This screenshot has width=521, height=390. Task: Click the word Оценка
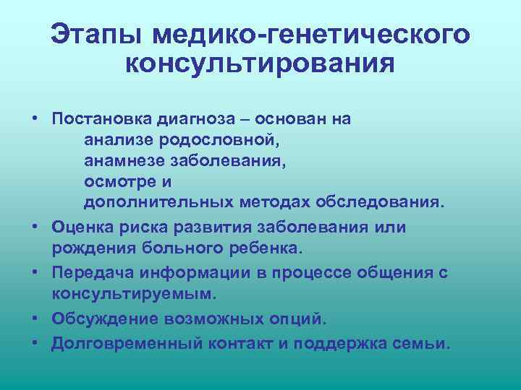(81, 227)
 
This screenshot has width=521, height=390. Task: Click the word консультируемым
(130, 295)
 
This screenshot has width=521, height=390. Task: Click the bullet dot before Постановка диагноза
(35, 118)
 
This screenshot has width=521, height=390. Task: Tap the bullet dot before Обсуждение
(35, 318)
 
